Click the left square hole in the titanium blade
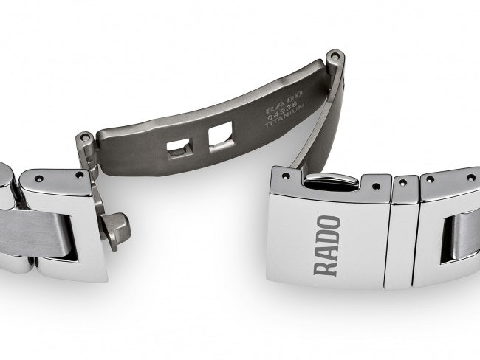(x=177, y=147)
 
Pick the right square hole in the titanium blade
(x=219, y=136)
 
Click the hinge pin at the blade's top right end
(x=335, y=55)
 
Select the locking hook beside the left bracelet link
(x=116, y=228)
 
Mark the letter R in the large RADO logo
(x=328, y=266)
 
